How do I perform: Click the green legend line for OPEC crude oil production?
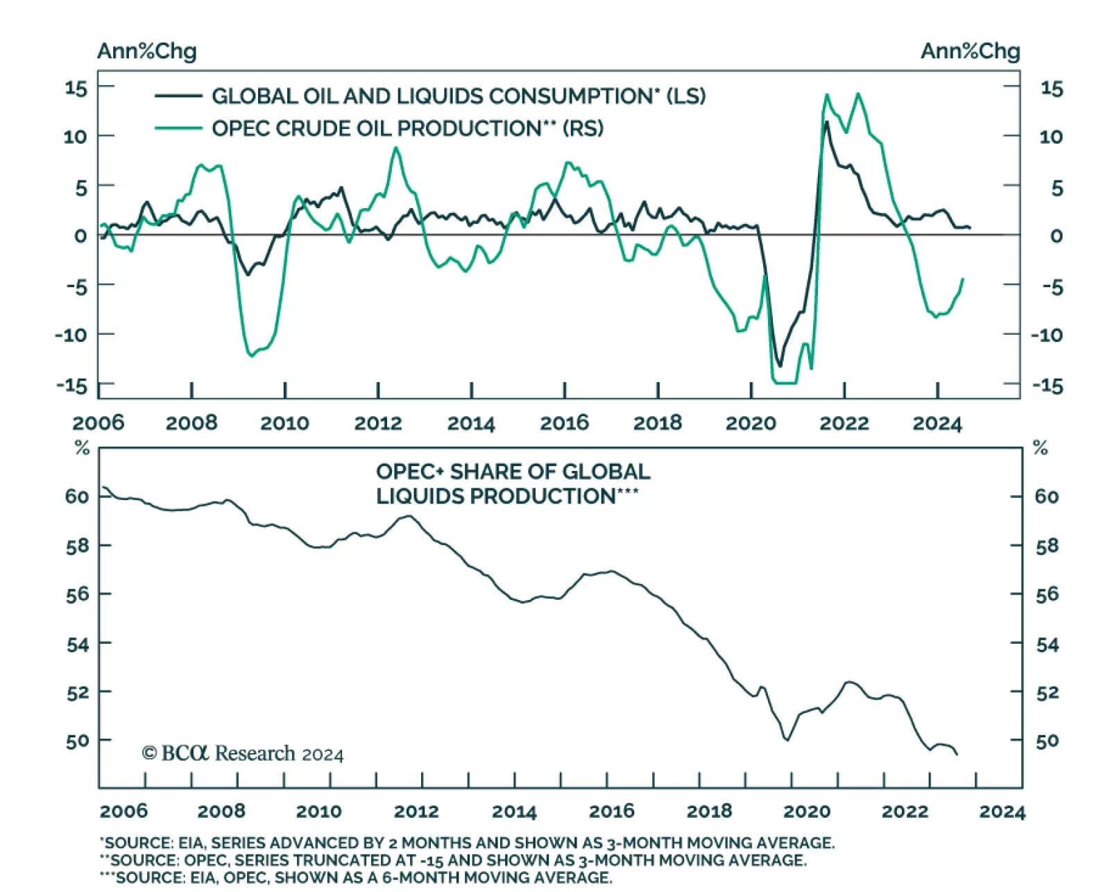(178, 128)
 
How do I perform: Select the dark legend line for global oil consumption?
(178, 96)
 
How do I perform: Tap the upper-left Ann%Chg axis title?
(146, 51)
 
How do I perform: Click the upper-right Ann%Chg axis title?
(970, 51)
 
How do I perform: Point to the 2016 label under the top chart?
(564, 423)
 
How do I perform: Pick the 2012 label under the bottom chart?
(416, 811)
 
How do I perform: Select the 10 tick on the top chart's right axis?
(1050, 137)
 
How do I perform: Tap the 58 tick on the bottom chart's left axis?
(77, 546)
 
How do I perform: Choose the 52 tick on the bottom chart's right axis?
(1047, 692)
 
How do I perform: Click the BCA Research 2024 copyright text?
(242, 753)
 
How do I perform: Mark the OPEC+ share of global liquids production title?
(513, 484)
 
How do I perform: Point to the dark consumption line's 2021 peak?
(826, 122)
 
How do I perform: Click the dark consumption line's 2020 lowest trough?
(780, 366)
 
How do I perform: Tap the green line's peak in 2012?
(396, 148)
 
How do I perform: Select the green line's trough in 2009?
(251, 356)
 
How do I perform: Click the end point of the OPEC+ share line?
(957, 755)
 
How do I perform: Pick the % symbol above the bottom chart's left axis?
(82, 449)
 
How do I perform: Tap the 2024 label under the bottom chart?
(1002, 811)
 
